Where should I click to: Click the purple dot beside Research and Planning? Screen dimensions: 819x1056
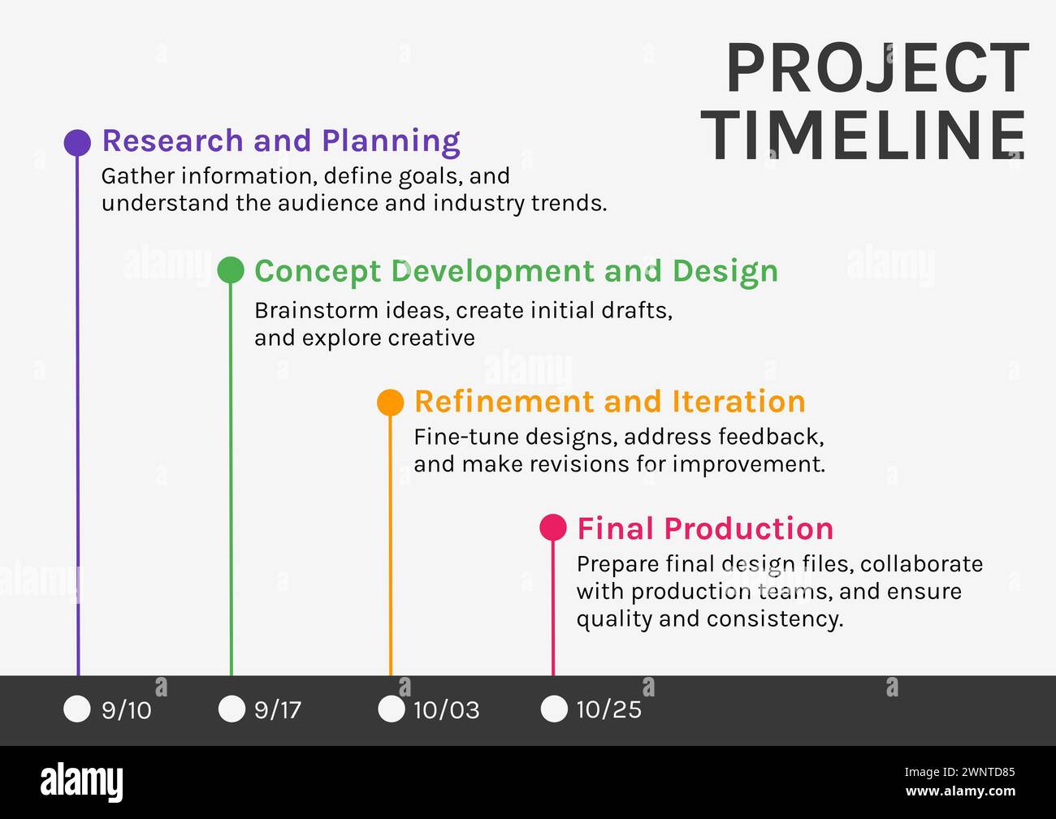(x=77, y=142)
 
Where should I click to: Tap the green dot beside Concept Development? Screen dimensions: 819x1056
(x=231, y=270)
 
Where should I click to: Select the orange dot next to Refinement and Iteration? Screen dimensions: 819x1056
(x=391, y=402)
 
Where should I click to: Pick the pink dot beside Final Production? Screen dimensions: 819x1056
(x=553, y=528)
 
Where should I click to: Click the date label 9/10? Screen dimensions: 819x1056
(x=127, y=710)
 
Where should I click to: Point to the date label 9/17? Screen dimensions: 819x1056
(x=278, y=710)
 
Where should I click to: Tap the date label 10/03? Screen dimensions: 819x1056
(x=446, y=710)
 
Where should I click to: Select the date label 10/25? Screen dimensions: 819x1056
(x=608, y=710)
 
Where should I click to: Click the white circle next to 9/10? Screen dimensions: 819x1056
(x=77, y=709)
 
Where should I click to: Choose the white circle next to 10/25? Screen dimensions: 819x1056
(x=554, y=709)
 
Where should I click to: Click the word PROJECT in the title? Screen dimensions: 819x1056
(x=877, y=70)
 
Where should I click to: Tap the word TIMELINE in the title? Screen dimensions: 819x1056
(x=866, y=136)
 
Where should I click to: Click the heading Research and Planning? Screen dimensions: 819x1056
(x=281, y=140)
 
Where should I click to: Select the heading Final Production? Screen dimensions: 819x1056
(x=705, y=528)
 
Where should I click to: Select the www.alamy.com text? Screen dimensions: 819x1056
(x=960, y=791)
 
